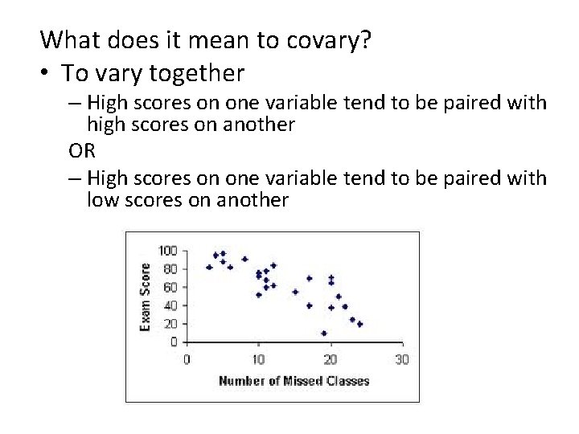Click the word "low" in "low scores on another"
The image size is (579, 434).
pos(102,200)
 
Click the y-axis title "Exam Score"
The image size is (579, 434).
pos(146,297)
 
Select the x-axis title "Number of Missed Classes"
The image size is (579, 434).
pos(294,381)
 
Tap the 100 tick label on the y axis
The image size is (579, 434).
pos(167,250)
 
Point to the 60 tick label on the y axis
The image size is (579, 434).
pos(170,287)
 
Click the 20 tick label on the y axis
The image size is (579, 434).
pos(170,324)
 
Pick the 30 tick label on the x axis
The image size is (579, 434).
pos(401,359)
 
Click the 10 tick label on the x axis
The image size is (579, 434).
pos(258,359)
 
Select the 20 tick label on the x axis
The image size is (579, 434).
pos(330,359)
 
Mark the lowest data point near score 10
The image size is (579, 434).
pos(323,333)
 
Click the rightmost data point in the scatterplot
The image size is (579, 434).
pos(359,324)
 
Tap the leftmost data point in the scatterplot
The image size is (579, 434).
pos(209,268)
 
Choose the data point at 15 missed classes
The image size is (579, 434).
pos(295,292)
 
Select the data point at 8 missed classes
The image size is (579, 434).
pos(244,260)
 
